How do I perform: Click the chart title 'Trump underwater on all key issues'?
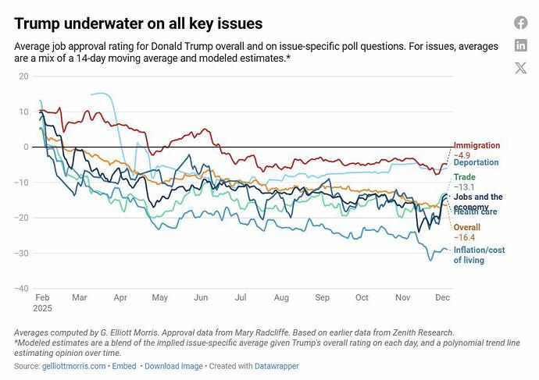[138, 24]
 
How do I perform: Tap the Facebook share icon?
[520, 23]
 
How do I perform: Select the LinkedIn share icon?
[520, 45]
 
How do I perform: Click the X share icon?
[520, 68]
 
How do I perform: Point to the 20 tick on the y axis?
[23, 76]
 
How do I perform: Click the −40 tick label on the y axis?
[21, 289]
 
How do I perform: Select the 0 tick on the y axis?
[26, 147]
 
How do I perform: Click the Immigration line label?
[477, 146]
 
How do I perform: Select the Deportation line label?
[477, 162]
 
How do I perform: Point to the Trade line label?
[464, 178]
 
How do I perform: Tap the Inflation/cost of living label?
[480, 255]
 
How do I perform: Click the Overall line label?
[467, 226]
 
